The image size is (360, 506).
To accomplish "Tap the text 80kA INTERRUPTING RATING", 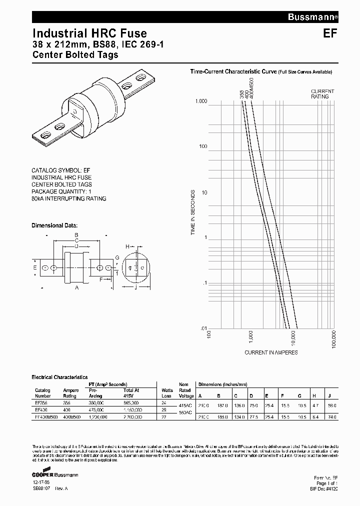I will [69, 198].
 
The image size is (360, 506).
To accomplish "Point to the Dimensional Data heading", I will [54, 225].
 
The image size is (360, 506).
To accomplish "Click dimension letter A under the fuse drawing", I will [76, 288].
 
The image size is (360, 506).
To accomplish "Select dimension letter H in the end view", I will [127, 246].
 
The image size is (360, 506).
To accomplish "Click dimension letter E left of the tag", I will [35, 268].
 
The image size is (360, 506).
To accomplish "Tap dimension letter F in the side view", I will [101, 280].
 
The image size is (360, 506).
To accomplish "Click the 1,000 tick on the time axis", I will [200, 101].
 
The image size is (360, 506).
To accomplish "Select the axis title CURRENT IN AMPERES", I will [271, 352].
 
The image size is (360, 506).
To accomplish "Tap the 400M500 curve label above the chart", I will [251, 87].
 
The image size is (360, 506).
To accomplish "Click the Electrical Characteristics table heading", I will [59, 377].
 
